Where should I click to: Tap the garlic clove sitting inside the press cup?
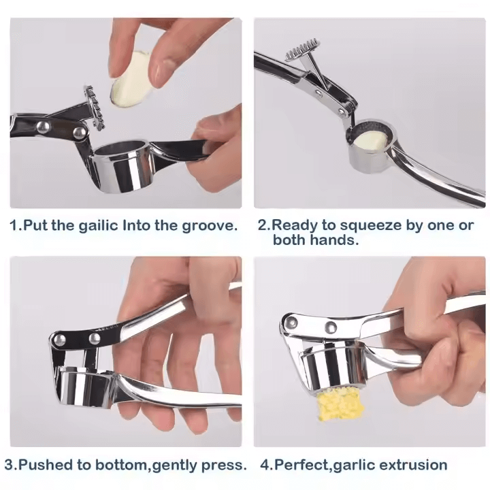(370, 140)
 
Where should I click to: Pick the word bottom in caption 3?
(121, 465)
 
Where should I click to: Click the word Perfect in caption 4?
(301, 465)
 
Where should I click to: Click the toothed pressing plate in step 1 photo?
(94, 108)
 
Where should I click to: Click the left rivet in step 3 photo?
(59, 340)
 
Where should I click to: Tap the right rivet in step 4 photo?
(331, 327)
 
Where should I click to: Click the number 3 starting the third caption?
(9, 465)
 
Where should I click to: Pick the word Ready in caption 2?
(294, 226)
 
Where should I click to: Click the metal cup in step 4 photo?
(331, 364)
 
